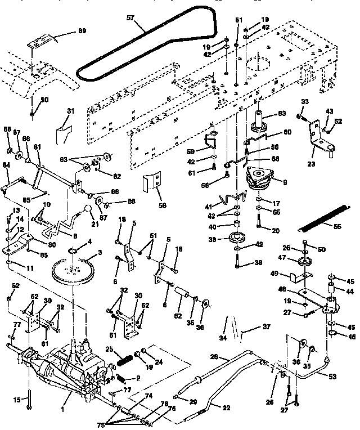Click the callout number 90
tap(45, 100)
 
